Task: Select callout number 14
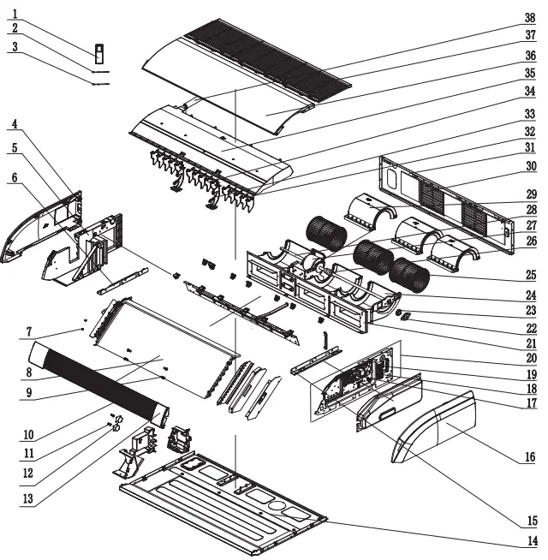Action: tap(532, 540)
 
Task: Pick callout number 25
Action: tap(531, 275)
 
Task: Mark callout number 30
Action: tap(531, 166)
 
